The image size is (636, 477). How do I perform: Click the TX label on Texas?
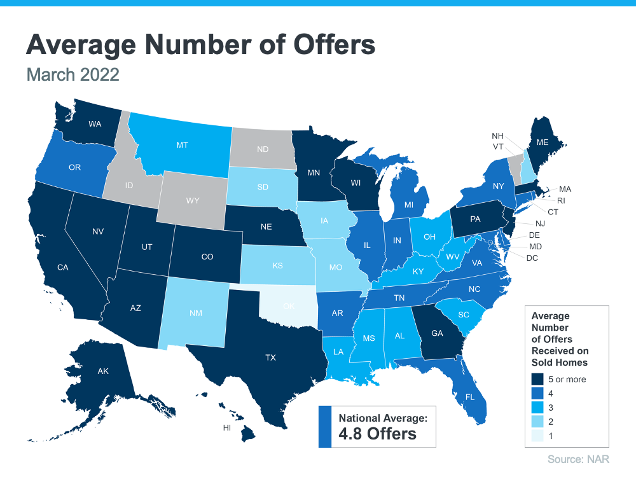click(270, 359)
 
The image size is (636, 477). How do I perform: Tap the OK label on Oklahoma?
click(289, 306)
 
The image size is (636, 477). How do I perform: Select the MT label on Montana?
click(182, 146)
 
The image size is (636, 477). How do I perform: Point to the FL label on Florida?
click(469, 396)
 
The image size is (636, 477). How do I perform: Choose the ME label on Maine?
click(542, 142)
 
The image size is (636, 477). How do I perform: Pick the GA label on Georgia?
click(438, 332)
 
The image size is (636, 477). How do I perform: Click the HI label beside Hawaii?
click(226, 428)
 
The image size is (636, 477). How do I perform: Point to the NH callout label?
click(498, 136)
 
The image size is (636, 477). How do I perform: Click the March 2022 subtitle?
click(73, 74)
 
